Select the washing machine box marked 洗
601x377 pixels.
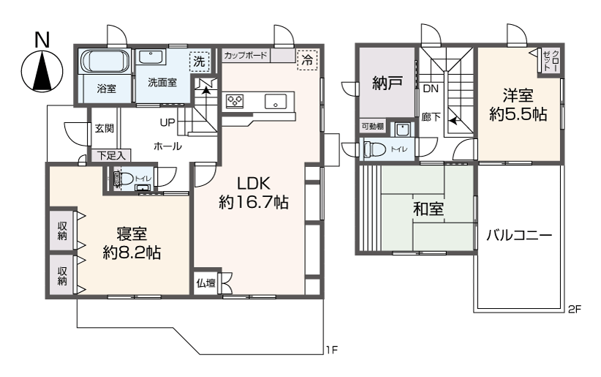click(200, 61)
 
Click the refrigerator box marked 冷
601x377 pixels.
click(307, 59)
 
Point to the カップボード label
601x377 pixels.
click(246, 56)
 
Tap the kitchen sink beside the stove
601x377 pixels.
click(275, 102)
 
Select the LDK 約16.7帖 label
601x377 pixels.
click(254, 193)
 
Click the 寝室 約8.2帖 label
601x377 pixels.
click(132, 243)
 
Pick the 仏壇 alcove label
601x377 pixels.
click(206, 283)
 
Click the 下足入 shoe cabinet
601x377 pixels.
click(111, 155)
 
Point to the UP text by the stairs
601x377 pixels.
click(167, 123)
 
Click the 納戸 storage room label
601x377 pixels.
click(388, 83)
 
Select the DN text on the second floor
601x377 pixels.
click(431, 89)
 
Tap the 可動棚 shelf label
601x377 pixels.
click(373, 126)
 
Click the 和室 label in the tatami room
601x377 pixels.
click(428, 209)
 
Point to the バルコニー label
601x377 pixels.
click(519, 234)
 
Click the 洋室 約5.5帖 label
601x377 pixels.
click(518, 105)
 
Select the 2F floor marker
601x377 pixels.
click(575, 309)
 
